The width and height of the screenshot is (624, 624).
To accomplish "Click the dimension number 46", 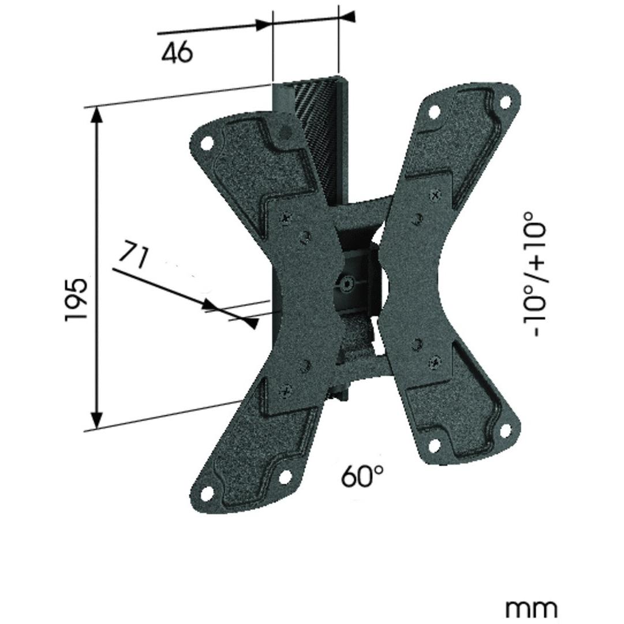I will click(x=177, y=53).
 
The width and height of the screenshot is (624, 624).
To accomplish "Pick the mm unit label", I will click(x=532, y=607).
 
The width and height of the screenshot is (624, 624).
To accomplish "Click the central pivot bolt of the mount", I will click(x=346, y=283).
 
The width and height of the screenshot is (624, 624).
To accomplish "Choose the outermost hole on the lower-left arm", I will click(x=205, y=495).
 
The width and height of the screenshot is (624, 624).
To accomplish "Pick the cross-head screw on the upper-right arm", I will click(x=435, y=195).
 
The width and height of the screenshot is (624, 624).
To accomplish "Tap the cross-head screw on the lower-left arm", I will click(x=285, y=390).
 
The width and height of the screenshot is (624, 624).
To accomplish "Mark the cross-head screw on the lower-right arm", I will click(x=434, y=364).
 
